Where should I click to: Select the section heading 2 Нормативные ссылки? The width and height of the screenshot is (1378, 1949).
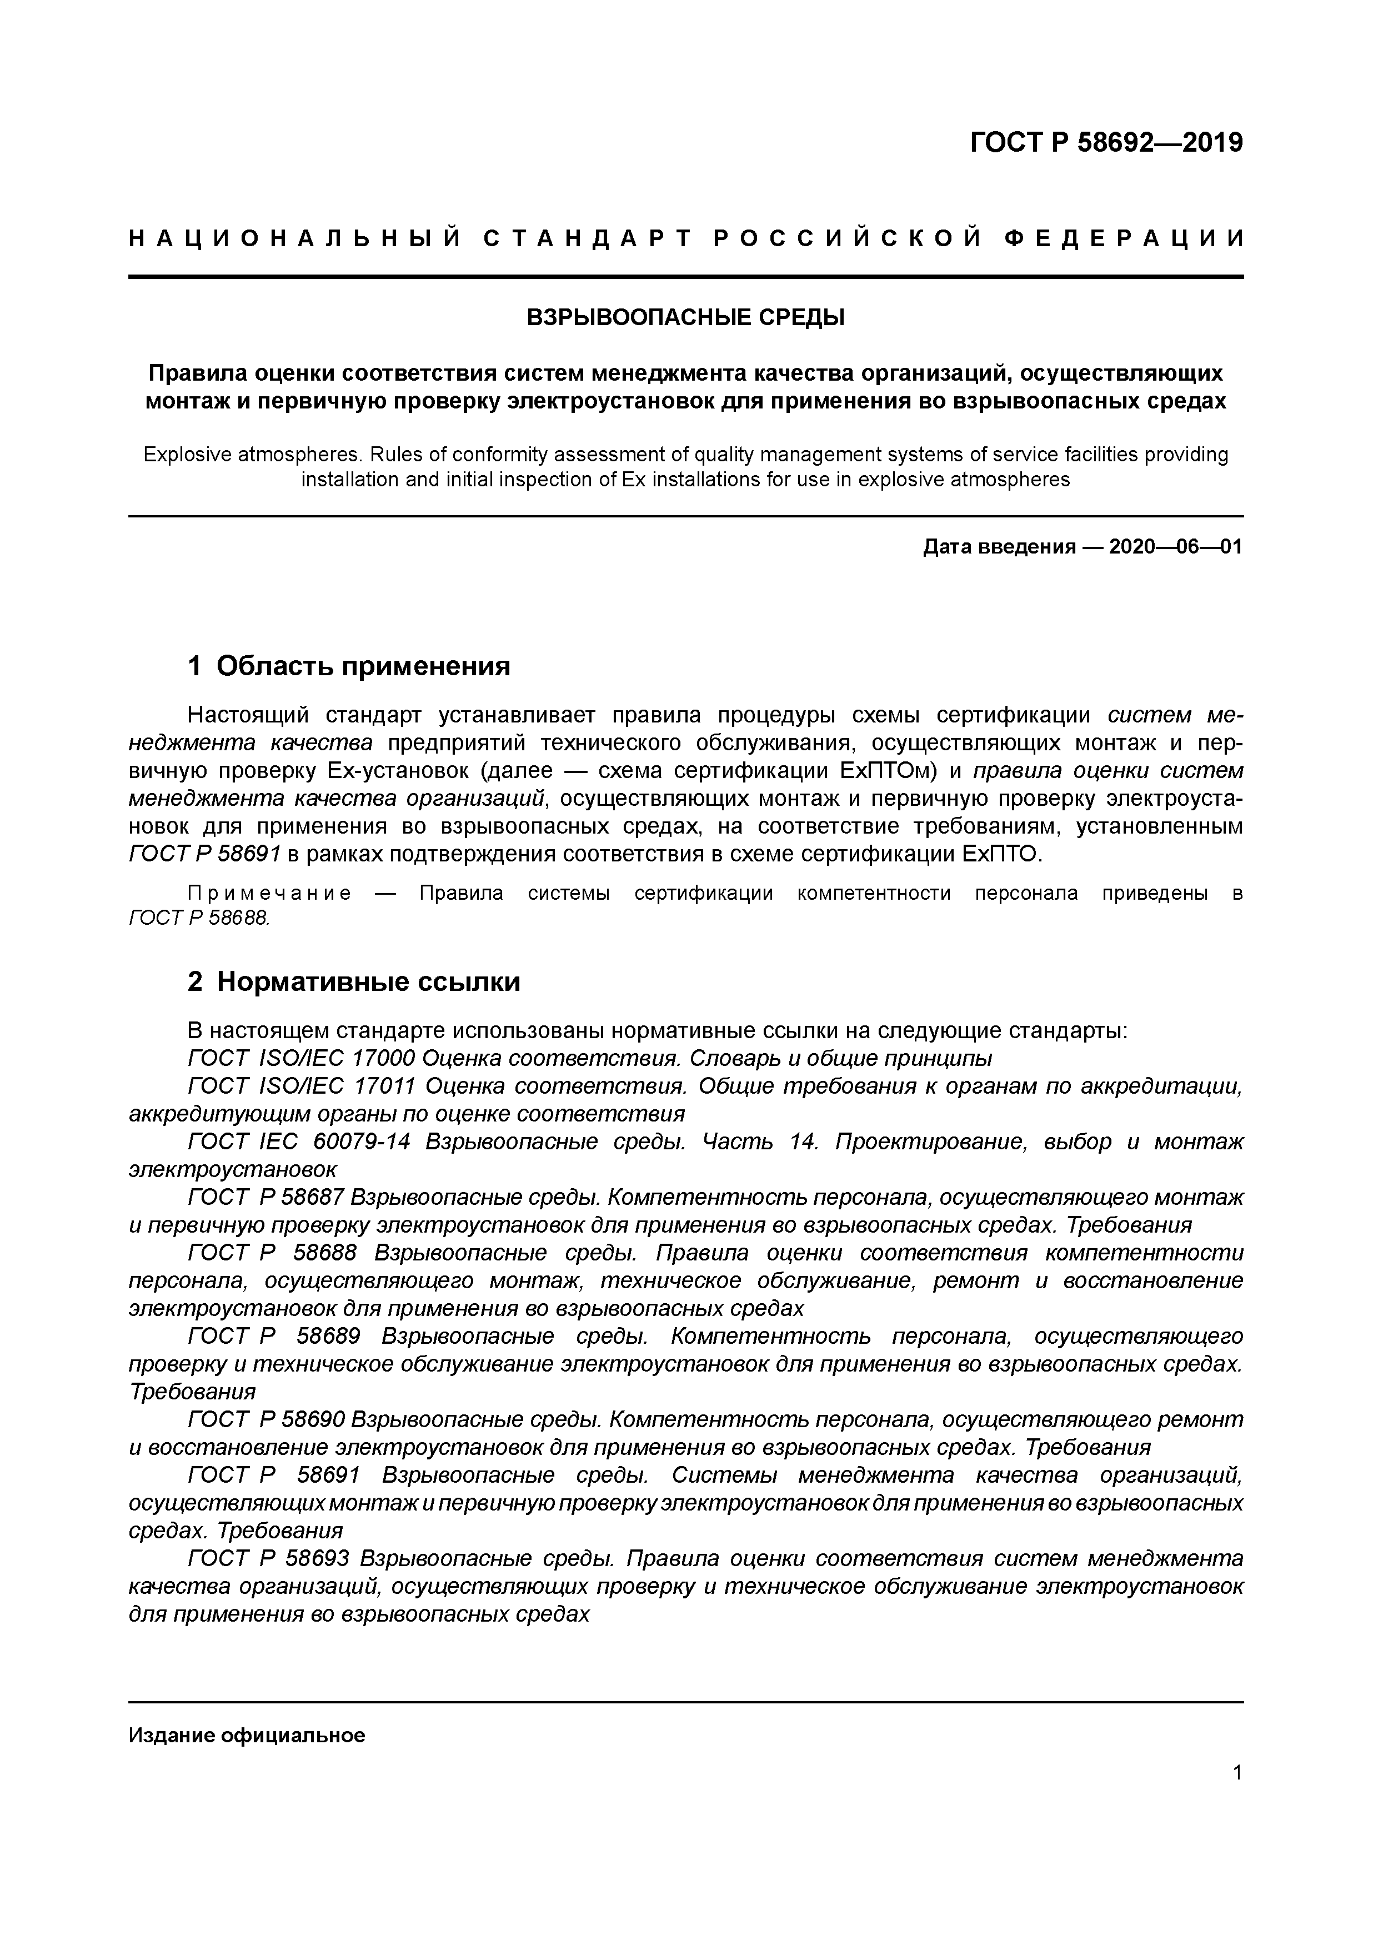pyautogui.click(x=354, y=981)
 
